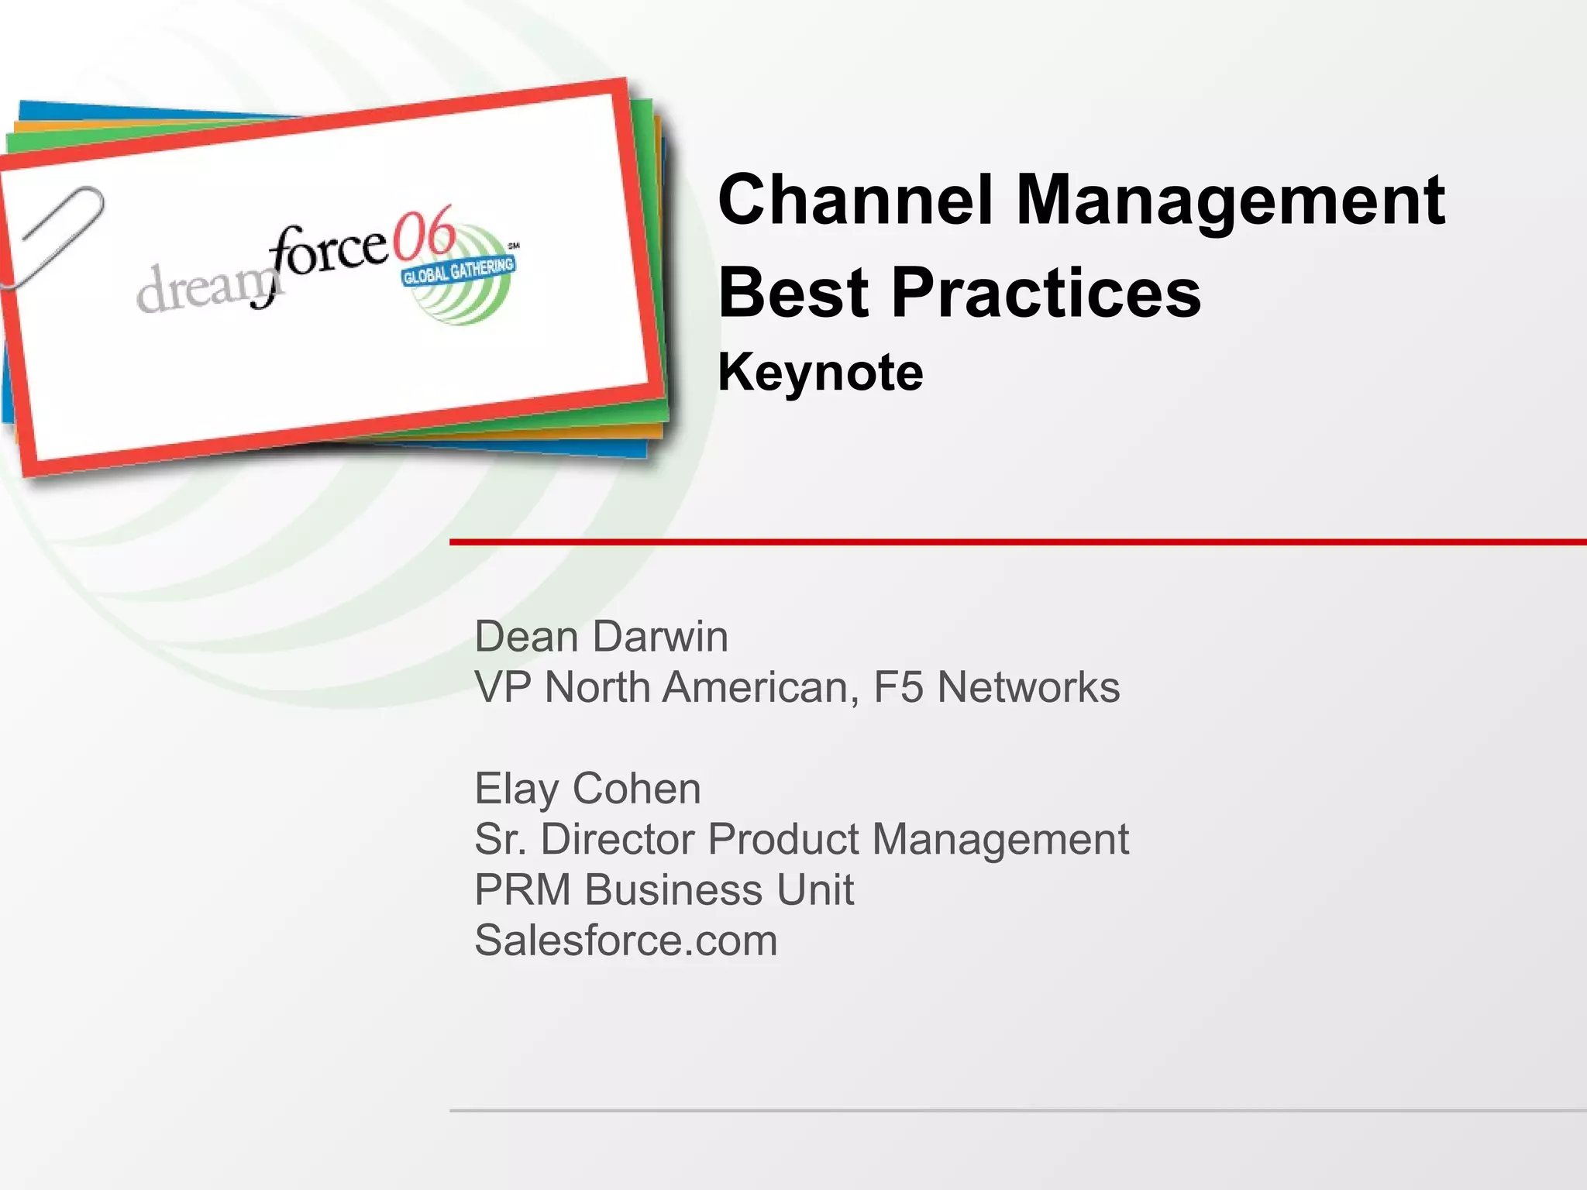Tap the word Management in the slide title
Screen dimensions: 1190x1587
coord(1230,200)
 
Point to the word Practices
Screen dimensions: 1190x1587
coord(1046,292)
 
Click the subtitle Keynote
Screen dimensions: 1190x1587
coord(821,373)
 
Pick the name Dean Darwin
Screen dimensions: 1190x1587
coord(601,637)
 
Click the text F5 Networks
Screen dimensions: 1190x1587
coord(997,687)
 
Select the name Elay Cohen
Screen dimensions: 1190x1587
coord(587,789)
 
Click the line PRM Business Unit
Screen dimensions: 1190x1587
coord(664,889)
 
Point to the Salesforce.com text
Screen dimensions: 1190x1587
coord(626,940)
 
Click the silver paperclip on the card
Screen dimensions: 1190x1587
coord(54,232)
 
